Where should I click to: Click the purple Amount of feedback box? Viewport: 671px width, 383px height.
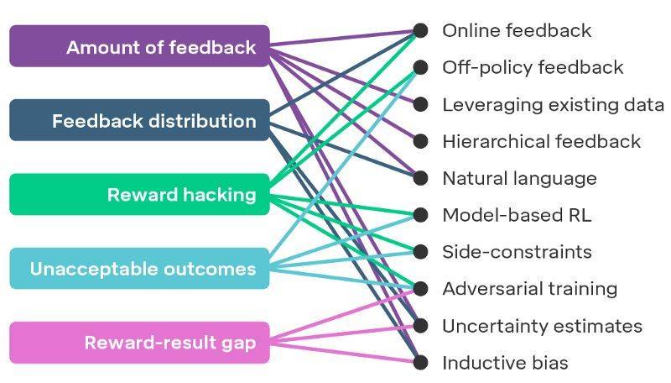(139, 46)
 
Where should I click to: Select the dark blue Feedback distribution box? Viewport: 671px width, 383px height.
(139, 120)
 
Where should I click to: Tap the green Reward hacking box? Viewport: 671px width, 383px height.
(139, 194)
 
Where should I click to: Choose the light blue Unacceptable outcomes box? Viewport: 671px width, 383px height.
(139, 268)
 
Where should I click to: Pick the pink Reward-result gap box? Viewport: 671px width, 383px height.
(139, 343)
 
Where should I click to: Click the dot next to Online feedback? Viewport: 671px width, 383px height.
(421, 30)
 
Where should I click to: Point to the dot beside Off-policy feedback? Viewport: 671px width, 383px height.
(421, 67)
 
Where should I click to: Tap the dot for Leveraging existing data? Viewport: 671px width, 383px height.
(421, 104)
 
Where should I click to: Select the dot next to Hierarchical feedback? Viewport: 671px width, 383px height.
(421, 141)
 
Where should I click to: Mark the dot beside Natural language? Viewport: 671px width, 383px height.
(421, 178)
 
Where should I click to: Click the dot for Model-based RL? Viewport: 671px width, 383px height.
(421, 215)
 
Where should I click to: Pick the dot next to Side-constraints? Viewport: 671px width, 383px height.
(421, 251)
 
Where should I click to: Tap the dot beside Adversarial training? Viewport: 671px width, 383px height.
(421, 288)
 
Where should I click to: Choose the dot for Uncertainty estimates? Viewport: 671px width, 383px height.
(421, 325)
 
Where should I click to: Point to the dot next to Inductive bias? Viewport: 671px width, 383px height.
(421, 362)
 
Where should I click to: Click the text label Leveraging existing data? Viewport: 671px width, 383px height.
(553, 105)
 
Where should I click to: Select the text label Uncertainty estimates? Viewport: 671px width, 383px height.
(542, 326)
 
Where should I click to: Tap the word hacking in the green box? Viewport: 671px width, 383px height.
(220, 196)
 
